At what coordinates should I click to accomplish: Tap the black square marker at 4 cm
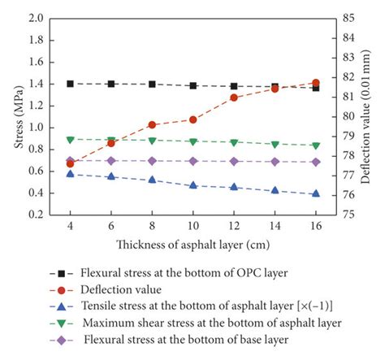tap(70, 84)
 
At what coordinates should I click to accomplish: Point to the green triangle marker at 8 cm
tap(152, 141)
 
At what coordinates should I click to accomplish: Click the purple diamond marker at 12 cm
tap(234, 161)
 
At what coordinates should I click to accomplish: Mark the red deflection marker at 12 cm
tap(234, 98)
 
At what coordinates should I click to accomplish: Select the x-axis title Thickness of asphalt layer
tap(192, 243)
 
